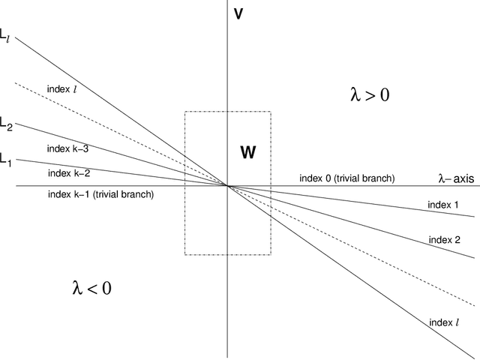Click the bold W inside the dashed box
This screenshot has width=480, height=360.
coord(247,152)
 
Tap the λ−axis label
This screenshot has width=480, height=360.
coord(454,178)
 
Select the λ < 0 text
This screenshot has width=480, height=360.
coord(91,286)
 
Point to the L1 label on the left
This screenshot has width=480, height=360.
coord(6,158)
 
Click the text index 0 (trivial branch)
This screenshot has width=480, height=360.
coord(346,178)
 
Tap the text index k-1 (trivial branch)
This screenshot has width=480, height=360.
coord(100,194)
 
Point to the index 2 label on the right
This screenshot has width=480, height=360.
coord(444,240)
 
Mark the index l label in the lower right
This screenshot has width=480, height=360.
coord(444,322)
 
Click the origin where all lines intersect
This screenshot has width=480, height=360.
coord(227,185)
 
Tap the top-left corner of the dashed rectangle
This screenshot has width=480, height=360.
coord(185,112)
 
